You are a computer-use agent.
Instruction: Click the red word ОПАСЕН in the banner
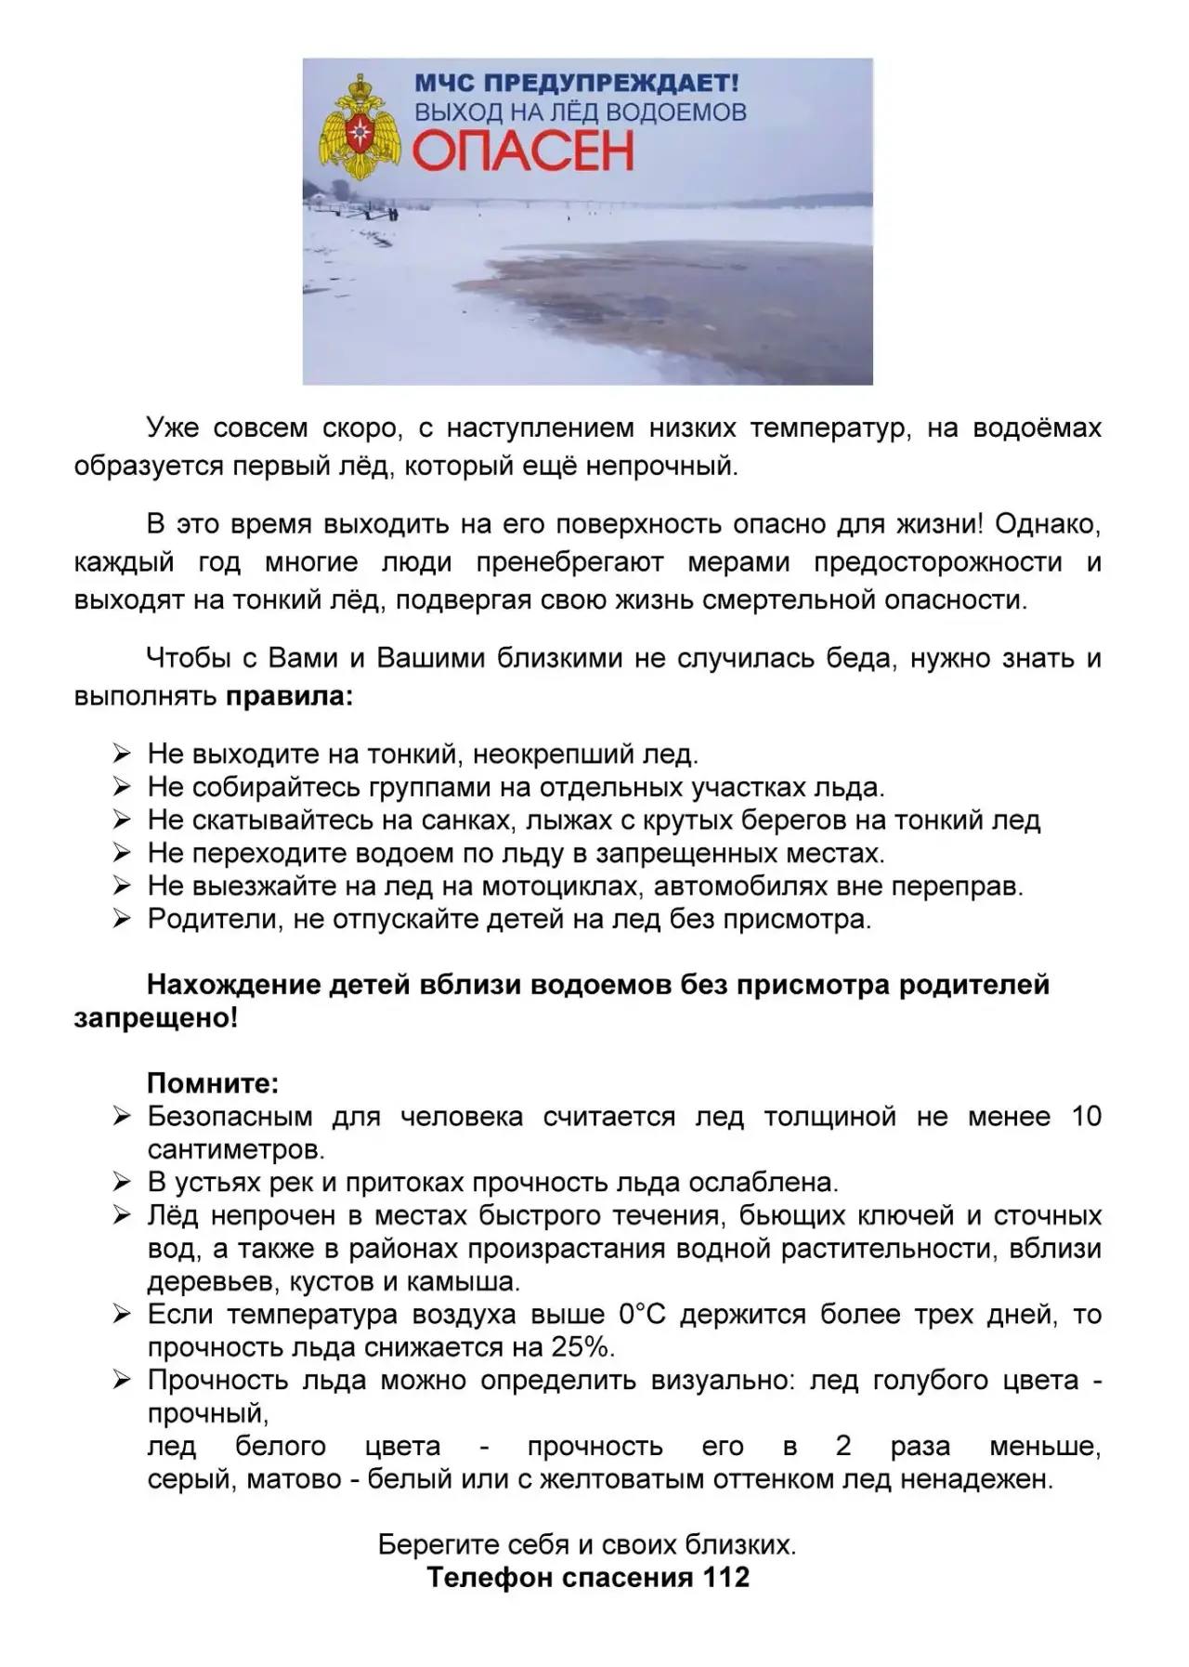[x=523, y=151]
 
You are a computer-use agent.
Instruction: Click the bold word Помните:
[x=213, y=1083]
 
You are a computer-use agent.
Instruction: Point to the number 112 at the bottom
[x=726, y=1577]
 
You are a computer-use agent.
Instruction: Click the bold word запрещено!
[x=156, y=1017]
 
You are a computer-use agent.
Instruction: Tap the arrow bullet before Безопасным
[x=122, y=1116]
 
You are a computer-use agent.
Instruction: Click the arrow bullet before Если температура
[x=122, y=1314]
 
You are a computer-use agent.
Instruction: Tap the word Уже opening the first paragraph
[x=174, y=428]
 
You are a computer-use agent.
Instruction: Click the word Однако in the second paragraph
[x=1046, y=524]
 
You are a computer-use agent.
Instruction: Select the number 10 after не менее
[x=1086, y=1116]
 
